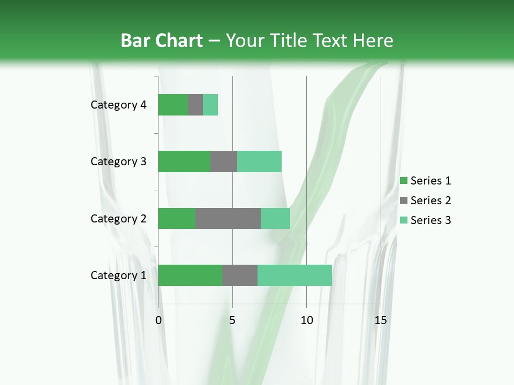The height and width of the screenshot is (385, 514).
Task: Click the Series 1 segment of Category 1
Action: click(x=190, y=275)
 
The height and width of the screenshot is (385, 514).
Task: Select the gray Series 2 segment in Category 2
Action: click(x=228, y=218)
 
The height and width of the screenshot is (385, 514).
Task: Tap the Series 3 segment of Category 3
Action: click(x=259, y=161)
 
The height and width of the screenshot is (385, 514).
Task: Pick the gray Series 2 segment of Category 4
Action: click(x=195, y=105)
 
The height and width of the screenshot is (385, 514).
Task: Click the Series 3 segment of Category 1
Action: click(x=294, y=275)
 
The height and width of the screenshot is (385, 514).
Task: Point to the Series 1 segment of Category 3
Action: click(x=184, y=161)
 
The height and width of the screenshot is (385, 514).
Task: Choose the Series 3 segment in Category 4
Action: click(x=210, y=105)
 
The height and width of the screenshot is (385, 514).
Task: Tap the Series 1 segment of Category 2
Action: click(x=177, y=218)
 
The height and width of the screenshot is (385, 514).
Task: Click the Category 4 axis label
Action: click(x=118, y=105)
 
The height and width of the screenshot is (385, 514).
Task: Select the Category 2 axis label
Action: click(x=118, y=218)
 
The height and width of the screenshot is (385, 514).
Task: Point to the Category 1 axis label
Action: click(x=118, y=275)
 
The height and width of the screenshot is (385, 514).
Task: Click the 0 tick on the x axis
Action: click(x=158, y=320)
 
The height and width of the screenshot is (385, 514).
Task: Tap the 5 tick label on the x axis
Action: click(x=232, y=320)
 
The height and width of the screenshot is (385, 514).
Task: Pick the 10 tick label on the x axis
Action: click(x=306, y=320)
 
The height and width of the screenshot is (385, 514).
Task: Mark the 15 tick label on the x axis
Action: click(x=380, y=320)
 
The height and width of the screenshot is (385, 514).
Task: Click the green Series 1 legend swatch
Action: click(x=403, y=181)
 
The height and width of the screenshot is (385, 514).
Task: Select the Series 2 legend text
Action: click(x=430, y=201)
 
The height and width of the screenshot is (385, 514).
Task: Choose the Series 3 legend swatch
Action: click(x=403, y=220)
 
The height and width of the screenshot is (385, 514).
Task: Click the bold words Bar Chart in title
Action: click(x=162, y=41)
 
